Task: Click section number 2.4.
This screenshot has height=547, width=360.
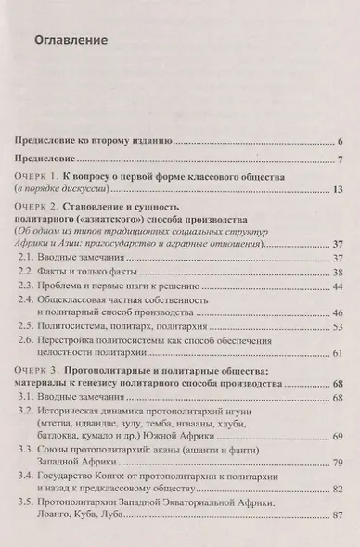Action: click(28, 302)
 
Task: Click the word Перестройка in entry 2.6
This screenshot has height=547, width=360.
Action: click(79, 342)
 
